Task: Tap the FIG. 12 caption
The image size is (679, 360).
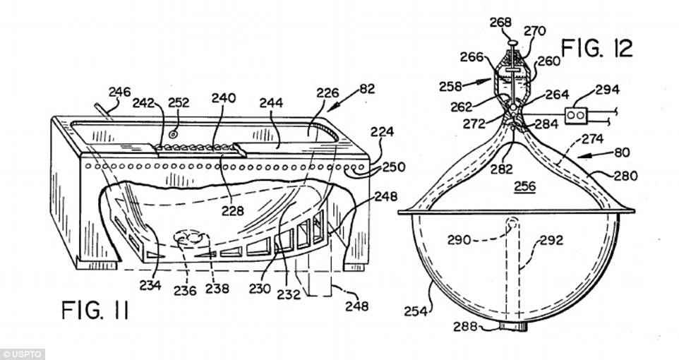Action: point(597,49)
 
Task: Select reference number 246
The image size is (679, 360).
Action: point(120,91)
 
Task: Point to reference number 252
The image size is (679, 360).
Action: point(179,102)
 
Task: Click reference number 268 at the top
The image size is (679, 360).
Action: point(502,23)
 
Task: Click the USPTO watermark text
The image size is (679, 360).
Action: point(23,354)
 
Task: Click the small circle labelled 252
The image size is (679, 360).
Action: point(172,133)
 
